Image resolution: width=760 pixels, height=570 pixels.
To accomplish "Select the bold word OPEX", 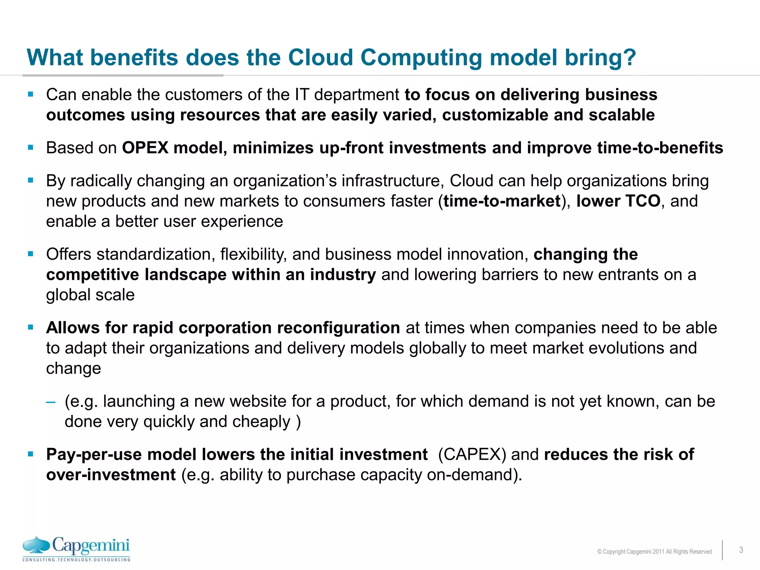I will pos(145,148).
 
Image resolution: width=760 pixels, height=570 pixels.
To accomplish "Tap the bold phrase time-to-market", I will pos(502,201).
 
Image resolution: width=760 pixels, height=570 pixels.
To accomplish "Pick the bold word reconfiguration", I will pos(338,328).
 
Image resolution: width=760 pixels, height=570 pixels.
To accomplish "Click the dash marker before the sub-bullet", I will pos(51,402).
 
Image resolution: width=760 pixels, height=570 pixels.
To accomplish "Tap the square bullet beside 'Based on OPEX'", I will pos(31,148).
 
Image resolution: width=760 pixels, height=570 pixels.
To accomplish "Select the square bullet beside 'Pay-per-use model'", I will pos(31,454).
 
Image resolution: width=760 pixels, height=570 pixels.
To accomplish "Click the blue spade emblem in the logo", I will pos(36,546).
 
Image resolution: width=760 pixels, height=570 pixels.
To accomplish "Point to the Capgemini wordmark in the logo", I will pos(91,546).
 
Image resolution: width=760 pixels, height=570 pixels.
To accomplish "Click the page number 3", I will pos(741,550).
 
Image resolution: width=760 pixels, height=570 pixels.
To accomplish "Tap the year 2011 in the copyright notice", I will pos(658,552).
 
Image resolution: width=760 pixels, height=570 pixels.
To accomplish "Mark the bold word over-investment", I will pos(111,475).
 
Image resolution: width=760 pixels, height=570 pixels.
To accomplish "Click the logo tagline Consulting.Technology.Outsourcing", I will pos(76,560).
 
